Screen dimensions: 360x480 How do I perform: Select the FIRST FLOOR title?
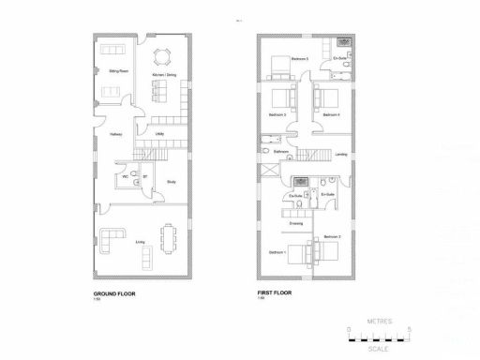[x=276, y=292]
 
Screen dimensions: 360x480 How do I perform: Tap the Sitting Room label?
[x=119, y=71]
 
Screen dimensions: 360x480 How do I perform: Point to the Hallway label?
[x=115, y=134]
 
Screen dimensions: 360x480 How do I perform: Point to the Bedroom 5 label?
[x=299, y=58]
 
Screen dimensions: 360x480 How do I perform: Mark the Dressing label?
[x=295, y=224]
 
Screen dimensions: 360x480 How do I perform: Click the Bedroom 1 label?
[x=277, y=252]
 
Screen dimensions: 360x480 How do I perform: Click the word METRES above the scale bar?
[x=379, y=320]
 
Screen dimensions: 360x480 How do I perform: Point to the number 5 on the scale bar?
[x=412, y=329]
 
